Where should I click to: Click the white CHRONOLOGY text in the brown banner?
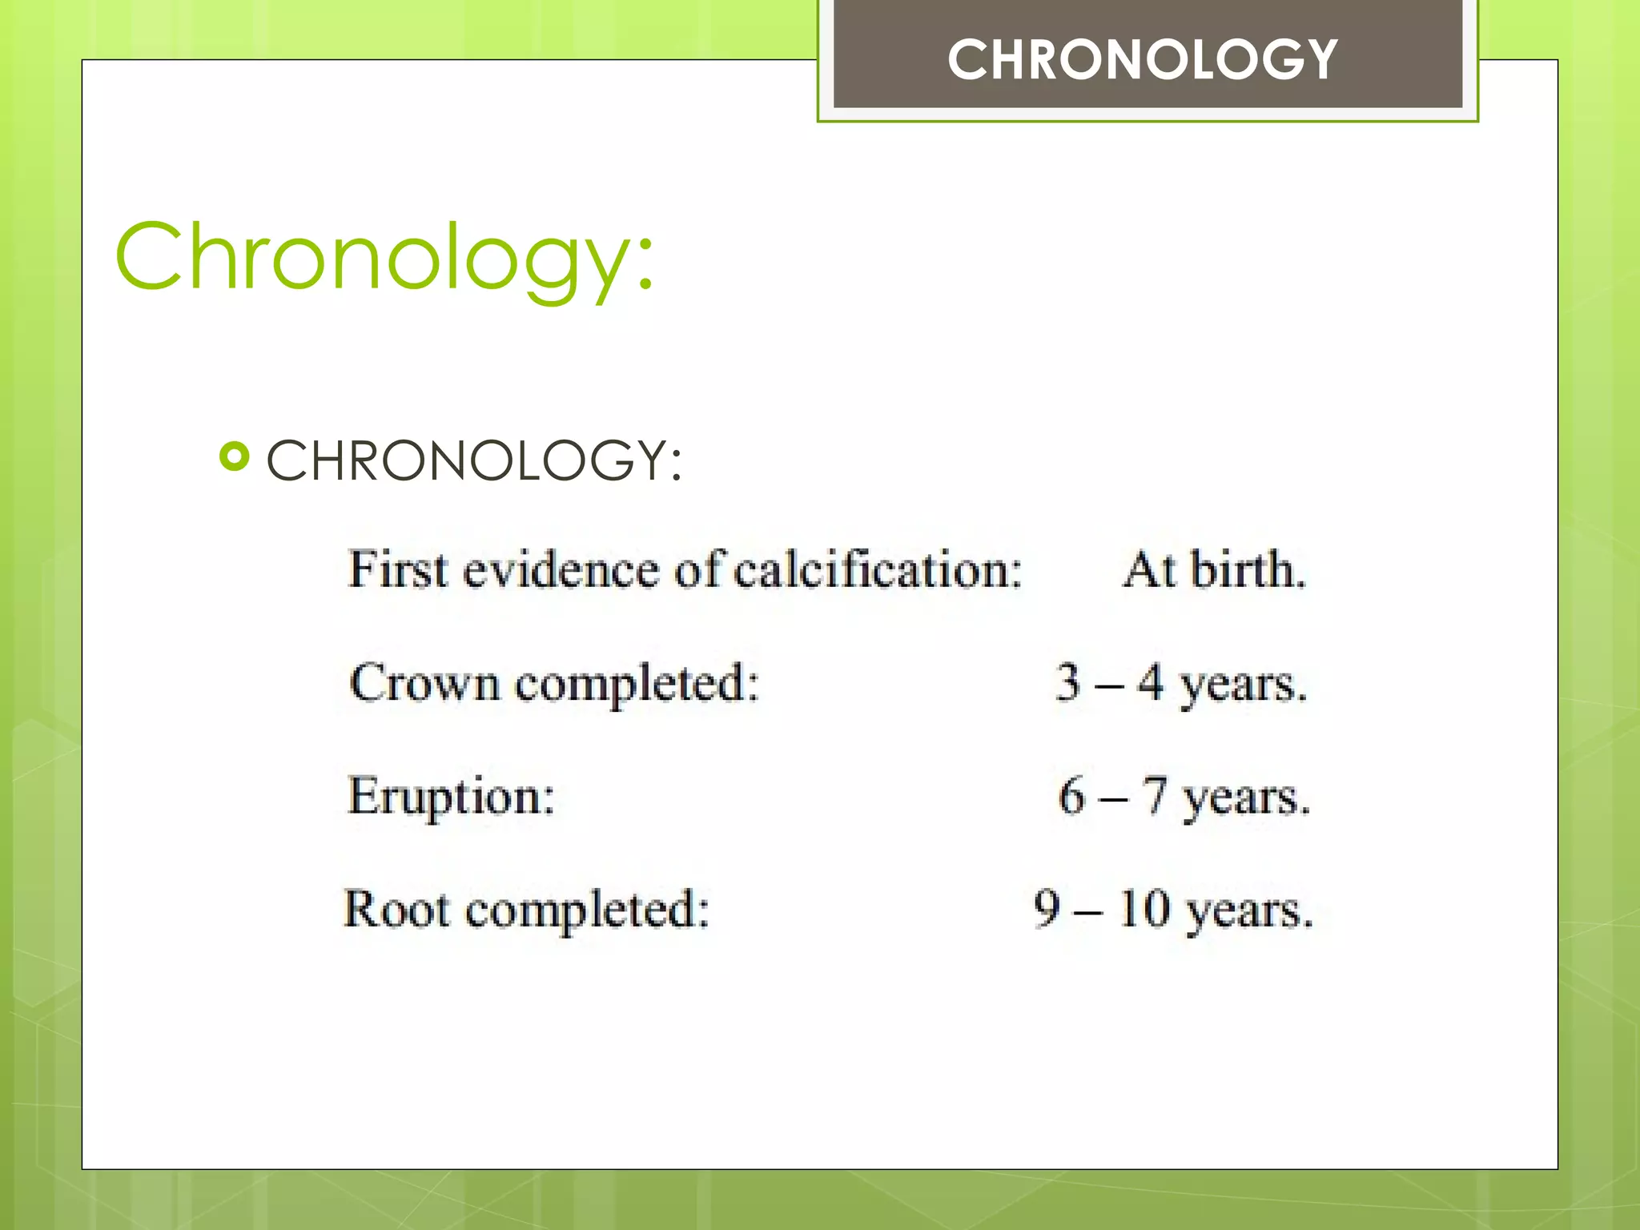1143,60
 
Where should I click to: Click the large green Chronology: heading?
385,258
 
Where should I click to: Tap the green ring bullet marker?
235,457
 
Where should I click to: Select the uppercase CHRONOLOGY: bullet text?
474,461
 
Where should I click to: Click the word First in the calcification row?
398,570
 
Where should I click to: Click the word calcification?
878,570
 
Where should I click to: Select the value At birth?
1215,570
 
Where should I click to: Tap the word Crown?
424,684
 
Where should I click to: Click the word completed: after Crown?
637,685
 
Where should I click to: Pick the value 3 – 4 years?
1181,684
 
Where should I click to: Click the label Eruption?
451,798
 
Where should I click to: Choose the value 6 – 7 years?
1184,798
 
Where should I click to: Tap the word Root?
396,910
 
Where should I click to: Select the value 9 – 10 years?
1173,910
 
